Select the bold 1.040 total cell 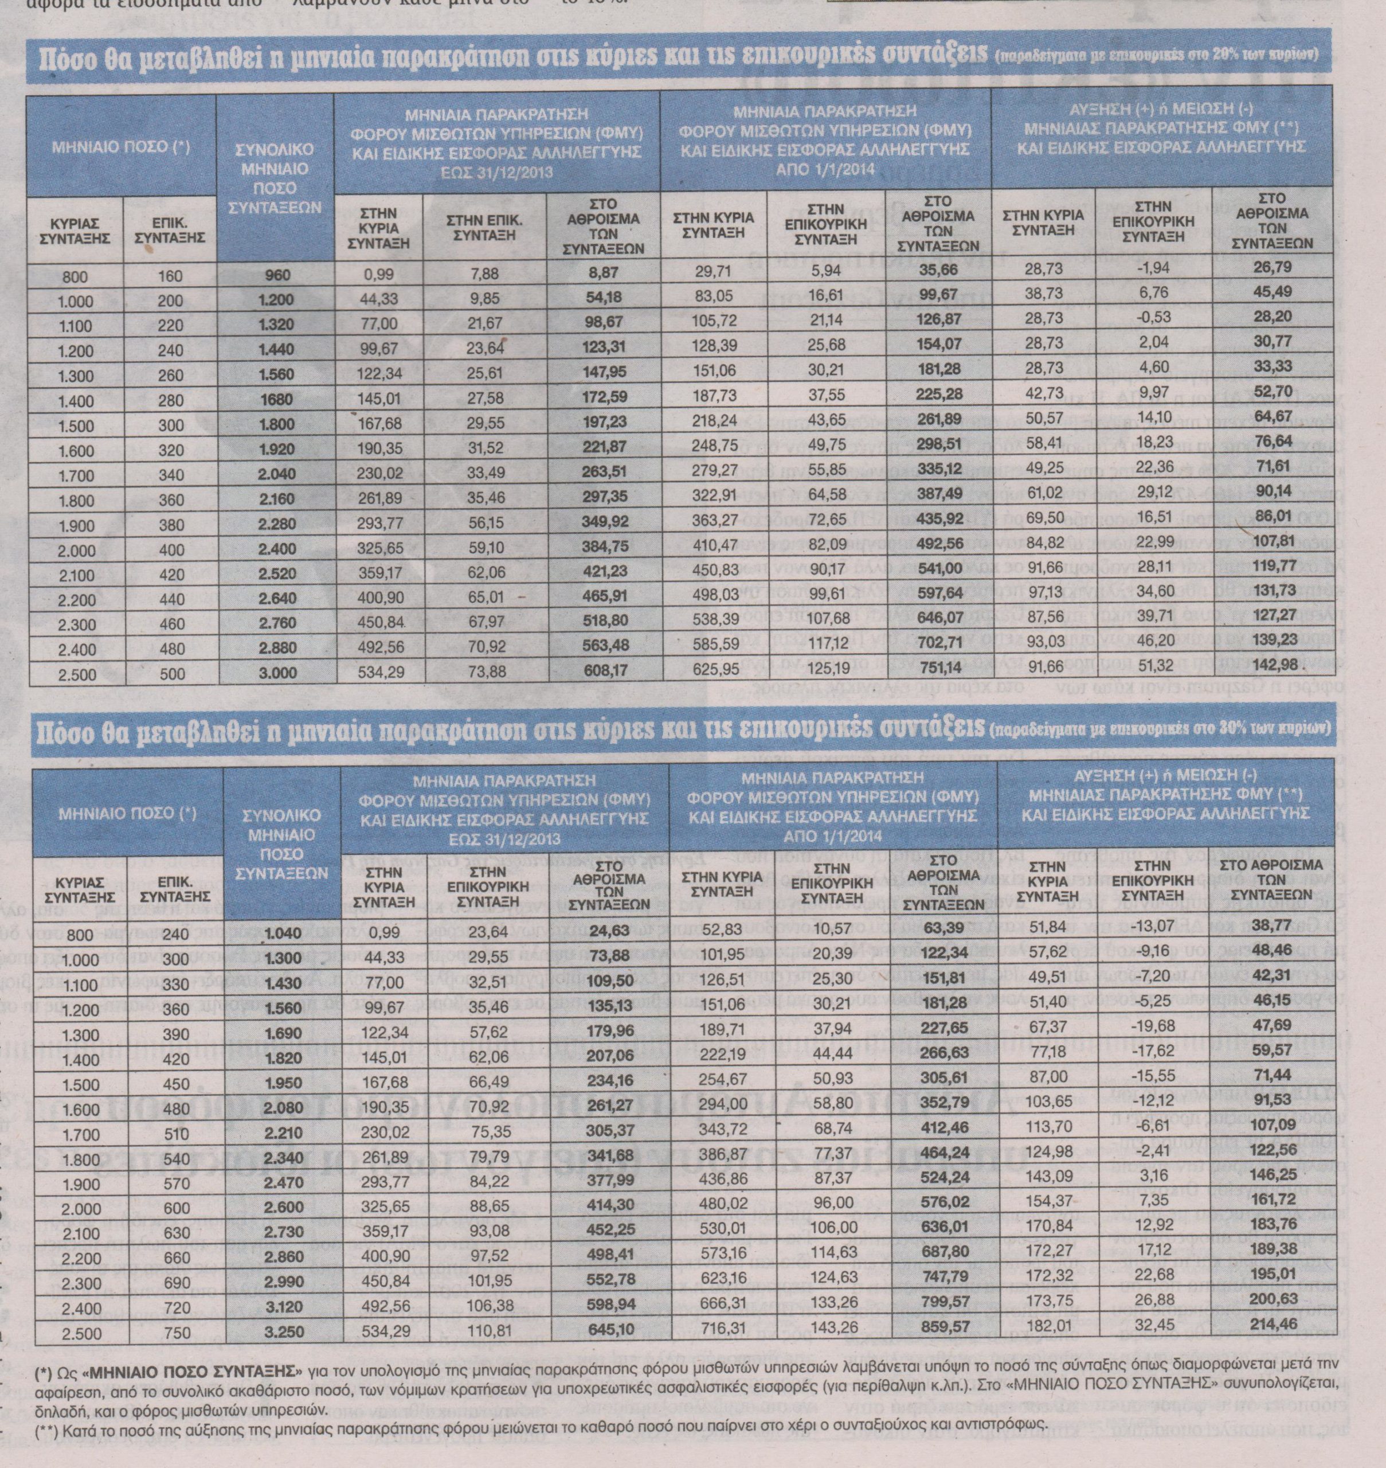pyautogui.click(x=281, y=935)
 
